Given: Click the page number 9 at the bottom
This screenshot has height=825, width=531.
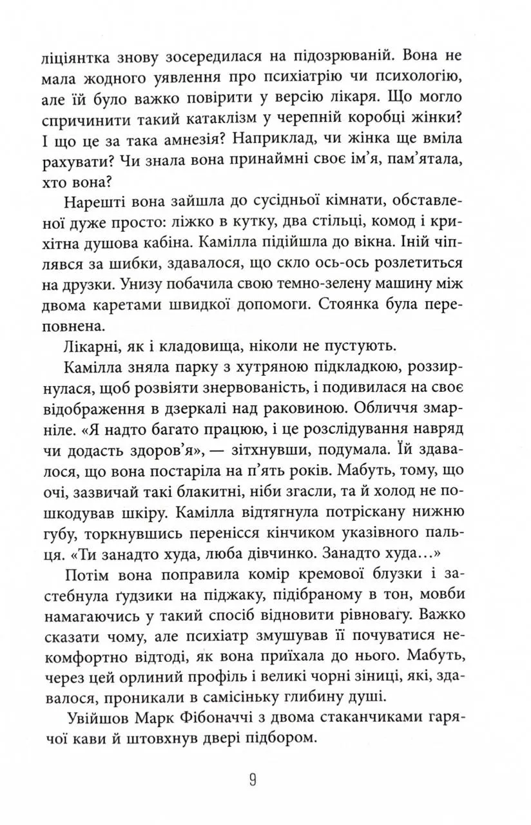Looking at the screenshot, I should coord(253,781).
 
